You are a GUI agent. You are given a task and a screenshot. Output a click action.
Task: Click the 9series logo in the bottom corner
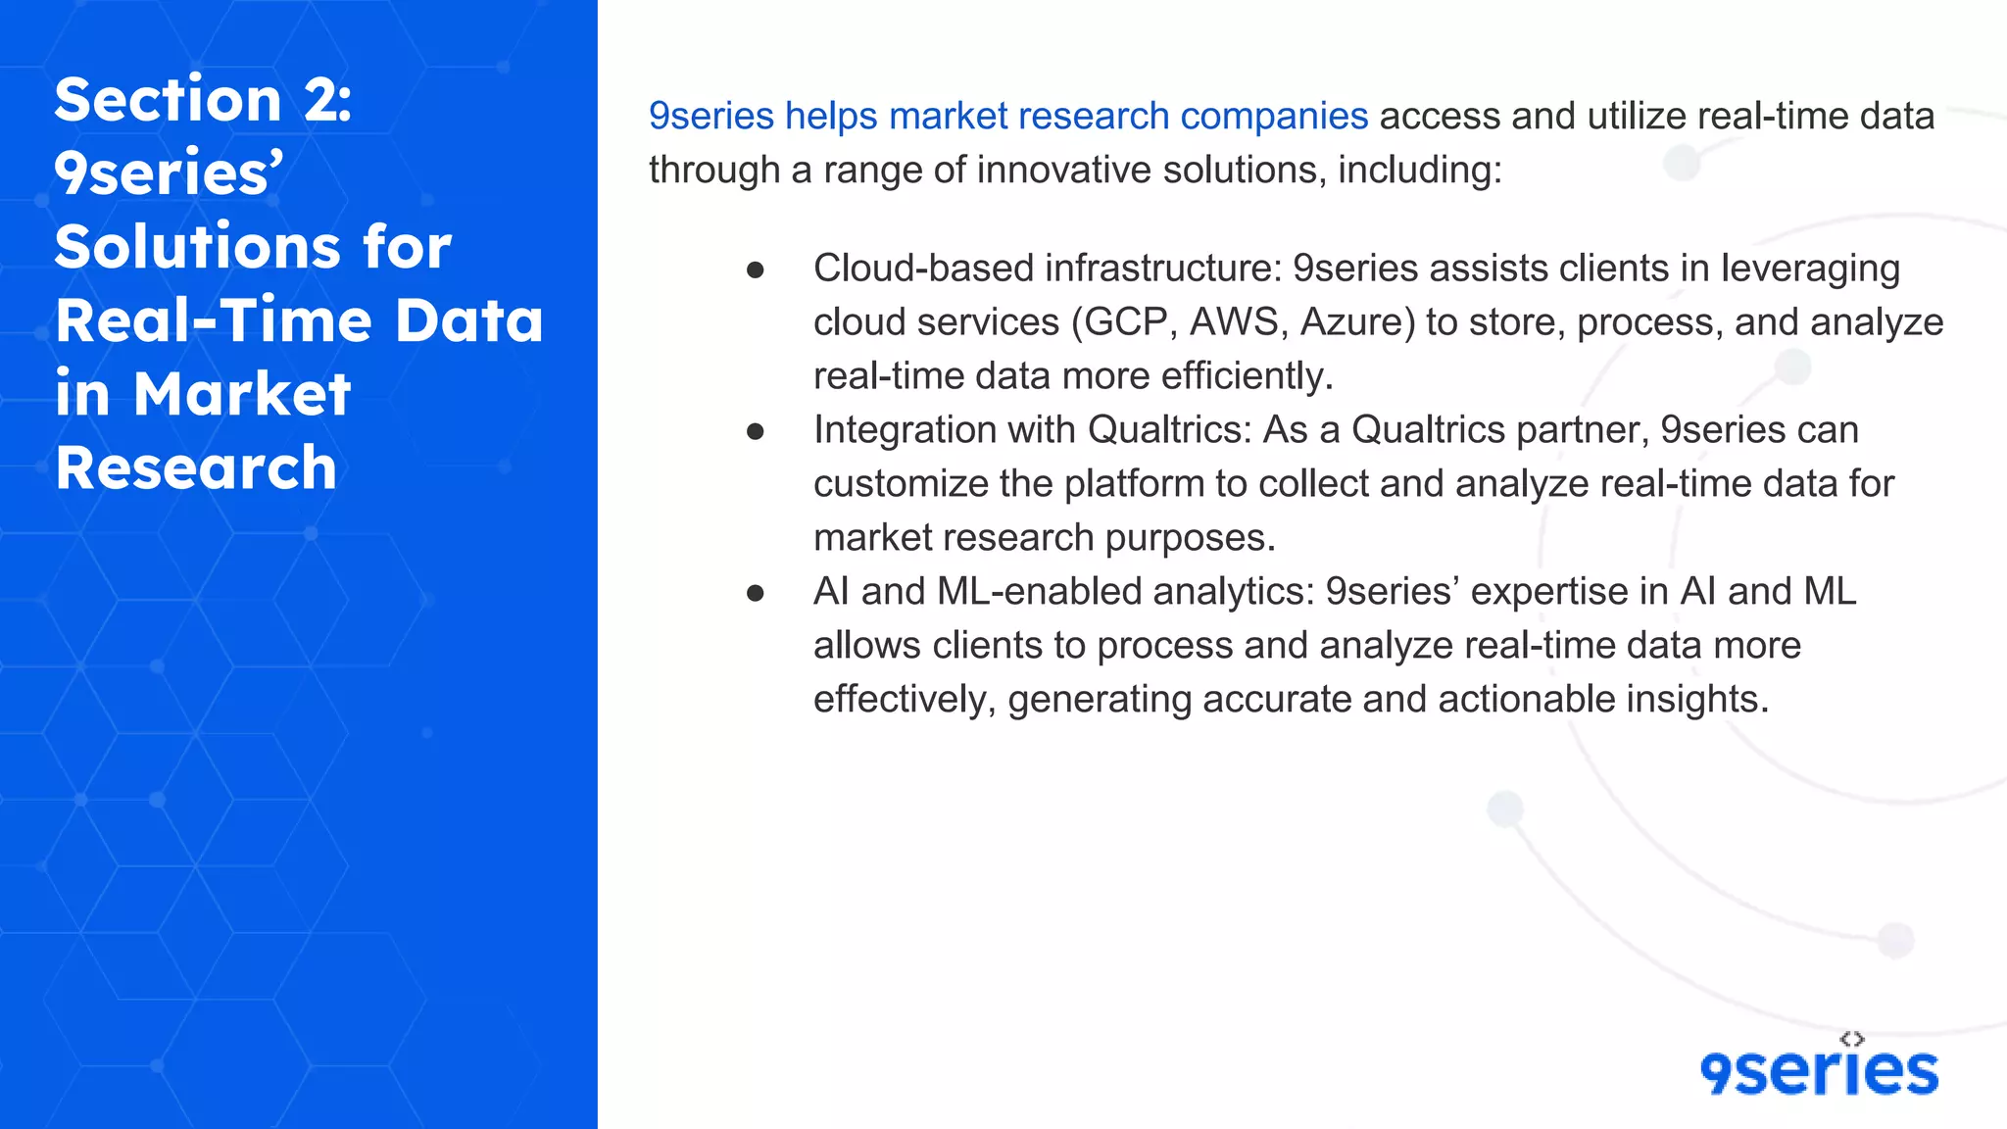[x=1819, y=1071]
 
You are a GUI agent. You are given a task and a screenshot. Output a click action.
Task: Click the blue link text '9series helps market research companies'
[x=1007, y=117]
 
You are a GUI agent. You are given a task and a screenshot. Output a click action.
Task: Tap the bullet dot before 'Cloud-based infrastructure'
[x=755, y=270]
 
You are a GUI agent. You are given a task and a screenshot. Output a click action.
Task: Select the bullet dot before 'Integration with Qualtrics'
[x=755, y=431]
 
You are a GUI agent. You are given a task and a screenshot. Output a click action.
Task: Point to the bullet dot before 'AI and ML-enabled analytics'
[x=755, y=593]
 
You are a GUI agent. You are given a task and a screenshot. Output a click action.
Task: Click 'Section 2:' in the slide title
[x=203, y=100]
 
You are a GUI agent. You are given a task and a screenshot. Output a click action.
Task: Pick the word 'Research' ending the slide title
[x=196, y=467]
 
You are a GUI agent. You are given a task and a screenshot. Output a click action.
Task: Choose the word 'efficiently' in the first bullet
[x=1243, y=376]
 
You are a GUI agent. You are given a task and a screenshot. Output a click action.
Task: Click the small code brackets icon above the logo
[x=1852, y=1039]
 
